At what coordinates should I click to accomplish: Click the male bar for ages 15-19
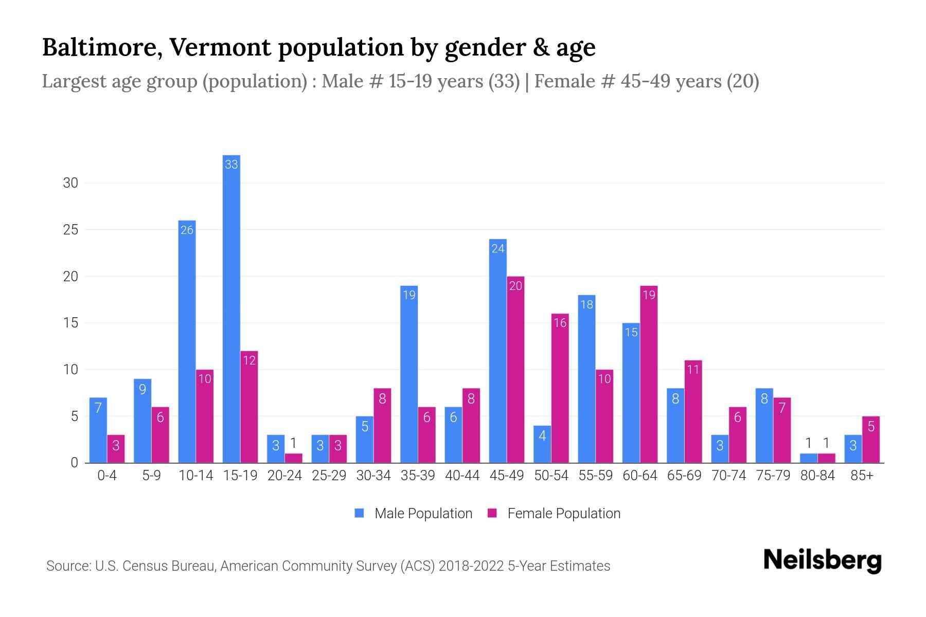pyautogui.click(x=231, y=308)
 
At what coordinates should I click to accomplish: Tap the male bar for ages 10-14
pyautogui.click(x=187, y=341)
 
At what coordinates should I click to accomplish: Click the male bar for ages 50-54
pyautogui.click(x=542, y=444)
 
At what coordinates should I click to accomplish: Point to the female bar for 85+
pyautogui.click(x=870, y=439)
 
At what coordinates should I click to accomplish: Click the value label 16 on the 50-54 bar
pyautogui.click(x=560, y=323)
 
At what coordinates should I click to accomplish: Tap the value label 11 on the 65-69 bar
pyautogui.click(x=693, y=370)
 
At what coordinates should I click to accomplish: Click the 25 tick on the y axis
pyautogui.click(x=70, y=230)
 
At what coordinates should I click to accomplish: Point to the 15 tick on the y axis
pyautogui.click(x=70, y=323)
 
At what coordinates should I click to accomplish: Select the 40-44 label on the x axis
pyautogui.click(x=462, y=476)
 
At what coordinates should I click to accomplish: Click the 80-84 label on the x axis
pyautogui.click(x=817, y=476)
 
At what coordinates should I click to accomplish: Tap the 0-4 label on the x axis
pyautogui.click(x=107, y=476)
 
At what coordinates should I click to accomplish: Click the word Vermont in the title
pyautogui.click(x=220, y=47)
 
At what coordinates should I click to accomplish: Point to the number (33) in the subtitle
pyautogui.click(x=504, y=81)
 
